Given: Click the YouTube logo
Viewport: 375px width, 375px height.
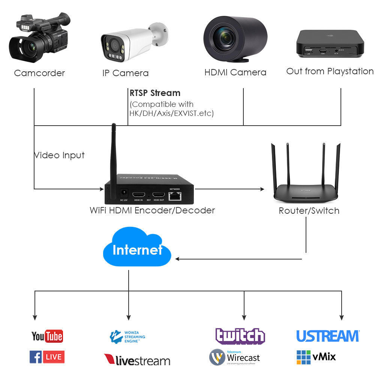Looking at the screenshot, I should click(x=47, y=336).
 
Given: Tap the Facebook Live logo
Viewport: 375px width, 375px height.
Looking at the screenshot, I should click(x=47, y=357).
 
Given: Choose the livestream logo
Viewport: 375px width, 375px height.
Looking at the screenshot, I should click(x=137, y=360).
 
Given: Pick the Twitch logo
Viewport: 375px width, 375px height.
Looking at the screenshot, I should click(x=240, y=336).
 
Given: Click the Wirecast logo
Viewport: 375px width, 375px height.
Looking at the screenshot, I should click(x=234, y=357).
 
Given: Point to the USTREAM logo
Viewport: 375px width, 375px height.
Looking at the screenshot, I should click(x=328, y=336).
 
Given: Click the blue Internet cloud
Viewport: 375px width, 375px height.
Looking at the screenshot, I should click(x=137, y=249).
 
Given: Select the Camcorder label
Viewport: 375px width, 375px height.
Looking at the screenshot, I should click(x=39, y=73).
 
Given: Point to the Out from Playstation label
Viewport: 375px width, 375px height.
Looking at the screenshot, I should click(x=330, y=71).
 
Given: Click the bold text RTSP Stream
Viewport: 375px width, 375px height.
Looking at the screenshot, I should click(x=155, y=93).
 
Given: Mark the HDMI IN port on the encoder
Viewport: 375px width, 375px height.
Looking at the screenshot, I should click(x=139, y=195).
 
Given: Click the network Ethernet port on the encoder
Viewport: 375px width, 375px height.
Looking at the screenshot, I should click(x=175, y=195).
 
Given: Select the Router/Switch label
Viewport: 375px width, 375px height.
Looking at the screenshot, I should click(x=309, y=211).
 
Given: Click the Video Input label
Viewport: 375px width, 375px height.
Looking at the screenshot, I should click(x=59, y=155).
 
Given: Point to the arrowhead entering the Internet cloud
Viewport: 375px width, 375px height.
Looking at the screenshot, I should click(x=177, y=259).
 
